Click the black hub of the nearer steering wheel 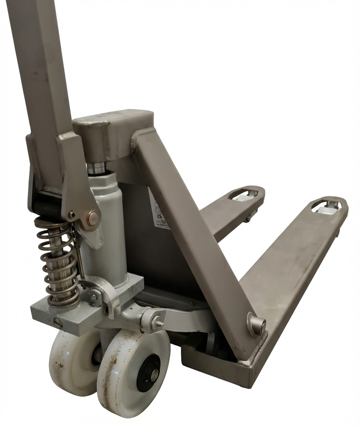coord(148,373)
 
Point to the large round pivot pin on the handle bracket coord(93,218)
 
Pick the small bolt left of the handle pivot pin coord(72,215)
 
